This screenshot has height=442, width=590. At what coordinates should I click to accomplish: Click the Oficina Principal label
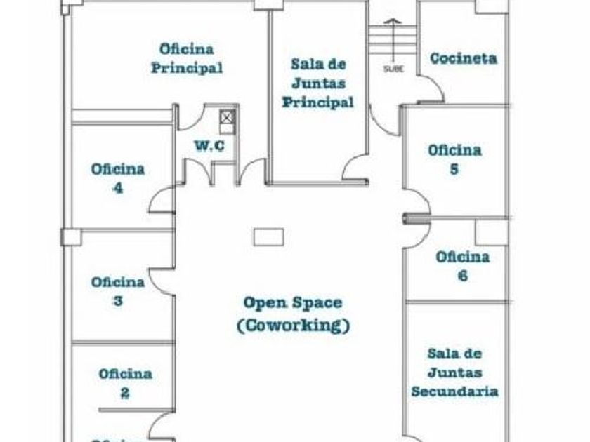coord(187,58)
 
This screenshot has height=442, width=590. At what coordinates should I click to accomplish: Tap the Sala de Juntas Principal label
coord(318,83)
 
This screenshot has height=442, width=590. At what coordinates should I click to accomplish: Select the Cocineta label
coord(463,58)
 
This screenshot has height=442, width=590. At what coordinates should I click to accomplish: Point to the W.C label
coord(209,146)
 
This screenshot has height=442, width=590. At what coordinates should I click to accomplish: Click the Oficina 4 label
coord(117,178)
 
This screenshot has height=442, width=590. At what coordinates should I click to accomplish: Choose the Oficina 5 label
coord(454,159)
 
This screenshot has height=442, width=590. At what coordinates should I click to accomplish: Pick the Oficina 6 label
coord(462,266)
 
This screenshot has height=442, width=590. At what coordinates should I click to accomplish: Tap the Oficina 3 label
coord(117,291)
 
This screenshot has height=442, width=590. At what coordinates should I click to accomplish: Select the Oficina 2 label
coord(125,383)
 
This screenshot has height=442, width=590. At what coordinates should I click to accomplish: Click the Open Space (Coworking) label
coord(293,314)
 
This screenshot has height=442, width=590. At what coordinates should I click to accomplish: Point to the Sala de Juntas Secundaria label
coord(454,372)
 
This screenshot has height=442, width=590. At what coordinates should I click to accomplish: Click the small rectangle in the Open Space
coord(268,237)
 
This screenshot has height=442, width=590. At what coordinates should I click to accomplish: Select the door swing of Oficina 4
coord(162,201)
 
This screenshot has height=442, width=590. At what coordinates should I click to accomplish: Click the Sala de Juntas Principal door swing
coord(355,166)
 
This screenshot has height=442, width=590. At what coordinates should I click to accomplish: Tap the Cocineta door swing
coord(432,89)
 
